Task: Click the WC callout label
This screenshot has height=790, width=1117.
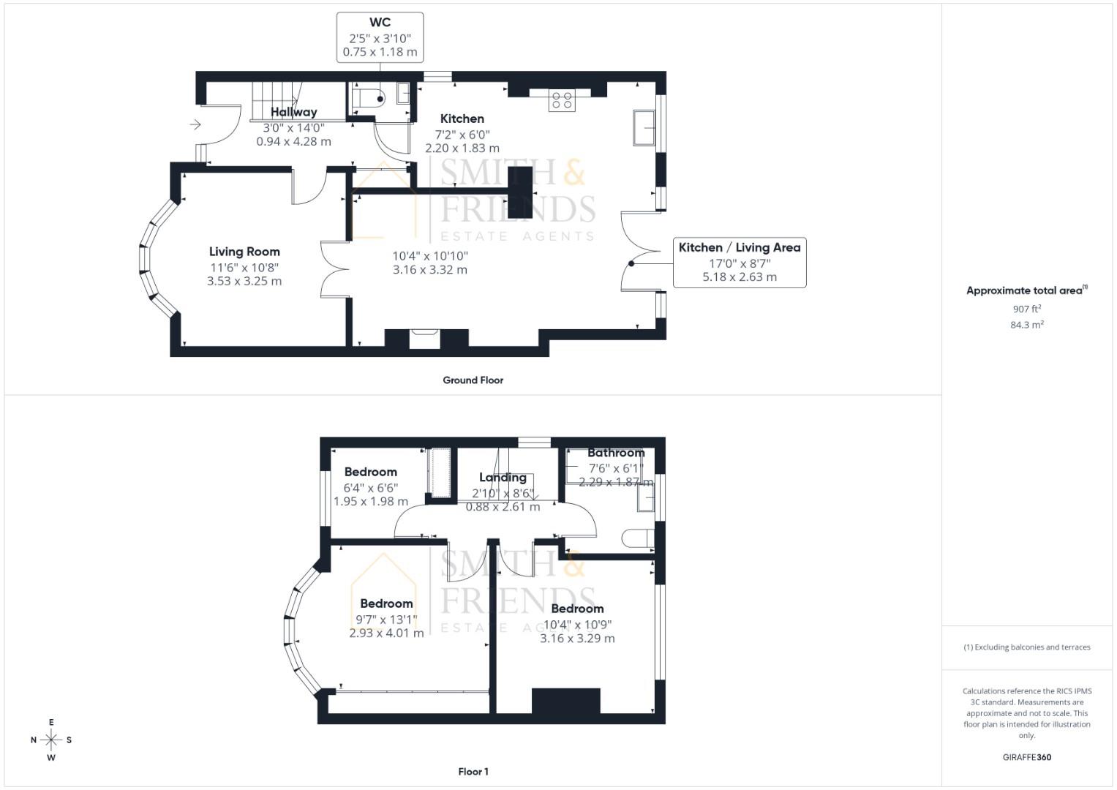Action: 380,23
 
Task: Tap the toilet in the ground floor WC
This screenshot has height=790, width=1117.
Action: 368,97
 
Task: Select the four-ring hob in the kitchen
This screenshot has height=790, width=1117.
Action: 562,100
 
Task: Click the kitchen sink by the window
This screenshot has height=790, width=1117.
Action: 644,129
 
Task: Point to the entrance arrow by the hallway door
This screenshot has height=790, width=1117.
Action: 195,125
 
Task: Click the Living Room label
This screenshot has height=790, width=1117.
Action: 244,252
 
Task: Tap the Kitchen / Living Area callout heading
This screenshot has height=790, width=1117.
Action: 739,247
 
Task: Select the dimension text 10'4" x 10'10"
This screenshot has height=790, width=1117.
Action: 430,256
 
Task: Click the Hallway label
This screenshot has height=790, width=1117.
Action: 293,112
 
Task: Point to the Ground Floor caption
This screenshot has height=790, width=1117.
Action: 473,380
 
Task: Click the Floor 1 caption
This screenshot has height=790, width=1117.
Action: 473,772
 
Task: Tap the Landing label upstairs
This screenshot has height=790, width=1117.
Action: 503,478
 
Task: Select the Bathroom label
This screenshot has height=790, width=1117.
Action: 616,453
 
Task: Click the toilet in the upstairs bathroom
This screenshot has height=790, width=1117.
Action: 637,538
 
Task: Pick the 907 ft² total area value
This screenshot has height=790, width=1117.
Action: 1026,309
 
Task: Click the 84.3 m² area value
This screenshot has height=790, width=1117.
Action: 1026,325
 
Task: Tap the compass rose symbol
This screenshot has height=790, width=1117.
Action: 51,740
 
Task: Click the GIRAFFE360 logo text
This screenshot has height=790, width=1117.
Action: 1026,757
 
